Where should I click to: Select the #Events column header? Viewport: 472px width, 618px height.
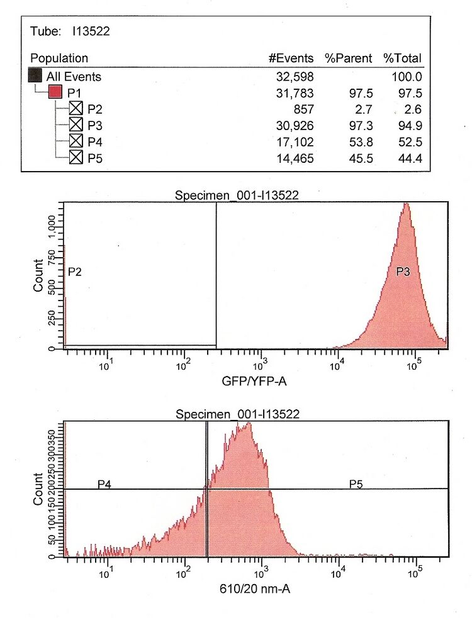(291, 58)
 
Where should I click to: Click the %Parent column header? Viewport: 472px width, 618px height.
(349, 58)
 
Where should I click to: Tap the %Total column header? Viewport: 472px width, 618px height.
(403, 58)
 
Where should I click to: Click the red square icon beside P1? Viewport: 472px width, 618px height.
(55, 93)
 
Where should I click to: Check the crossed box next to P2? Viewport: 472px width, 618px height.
(76, 109)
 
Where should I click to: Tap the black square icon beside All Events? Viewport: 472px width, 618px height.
(36, 77)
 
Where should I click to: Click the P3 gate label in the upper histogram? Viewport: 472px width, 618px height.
(403, 272)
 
